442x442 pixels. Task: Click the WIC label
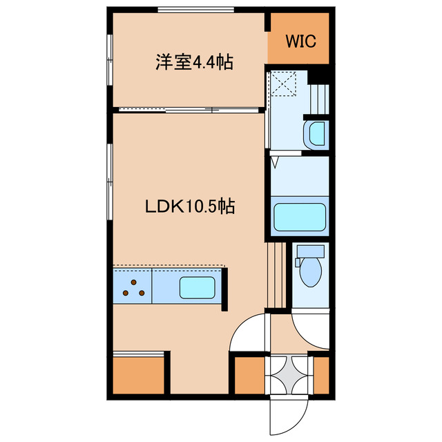click(x=298, y=41)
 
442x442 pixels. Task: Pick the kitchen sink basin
click(x=197, y=287)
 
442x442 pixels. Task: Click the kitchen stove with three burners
click(x=133, y=287)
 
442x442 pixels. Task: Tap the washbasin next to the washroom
click(x=315, y=134)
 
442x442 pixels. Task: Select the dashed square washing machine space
click(x=285, y=85)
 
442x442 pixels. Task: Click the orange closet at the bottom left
click(x=138, y=375)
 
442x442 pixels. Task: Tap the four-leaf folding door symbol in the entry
click(x=289, y=375)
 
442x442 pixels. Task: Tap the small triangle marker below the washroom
click(x=276, y=163)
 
